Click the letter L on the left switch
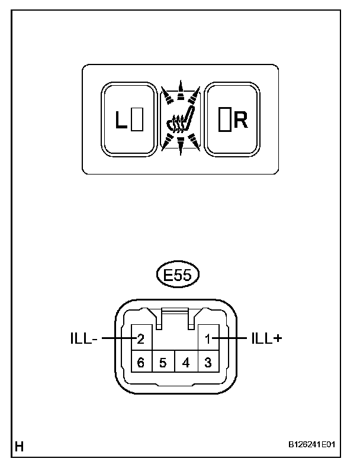tap(121, 121)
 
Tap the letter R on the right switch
tap(240, 121)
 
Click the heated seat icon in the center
tap(180, 121)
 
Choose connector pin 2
tap(141, 340)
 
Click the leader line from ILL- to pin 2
tap(117, 339)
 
